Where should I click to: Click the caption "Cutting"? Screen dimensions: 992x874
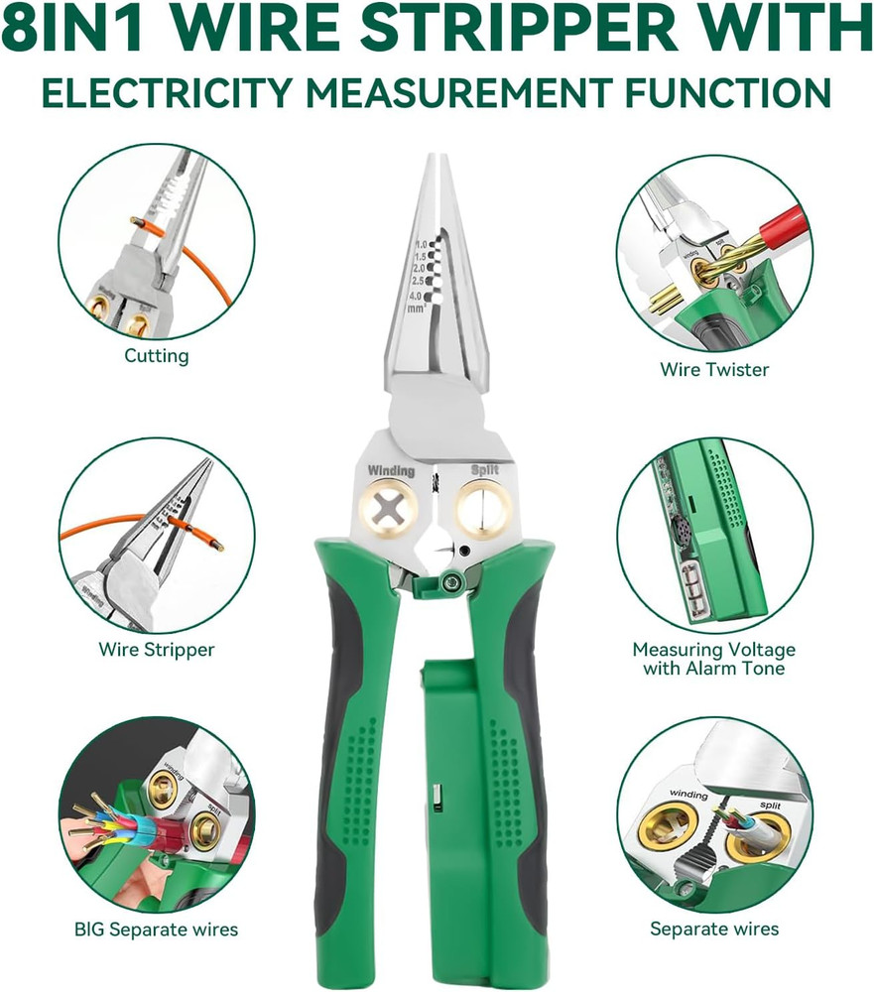click(157, 355)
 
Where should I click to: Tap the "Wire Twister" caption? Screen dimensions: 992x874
click(714, 369)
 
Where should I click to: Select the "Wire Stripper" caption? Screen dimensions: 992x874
click(157, 650)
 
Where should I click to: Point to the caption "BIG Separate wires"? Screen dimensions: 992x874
click(157, 930)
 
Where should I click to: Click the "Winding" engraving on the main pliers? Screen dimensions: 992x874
click(391, 470)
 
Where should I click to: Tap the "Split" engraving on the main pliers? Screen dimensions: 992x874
click(485, 470)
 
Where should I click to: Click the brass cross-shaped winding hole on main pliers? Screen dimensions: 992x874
click(390, 511)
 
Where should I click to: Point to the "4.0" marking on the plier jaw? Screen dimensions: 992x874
click(420, 295)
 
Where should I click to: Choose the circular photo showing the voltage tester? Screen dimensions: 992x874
click(714, 536)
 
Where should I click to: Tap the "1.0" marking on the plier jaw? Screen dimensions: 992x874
click(421, 244)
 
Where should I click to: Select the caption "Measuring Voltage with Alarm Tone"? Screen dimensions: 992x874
click(714, 659)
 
